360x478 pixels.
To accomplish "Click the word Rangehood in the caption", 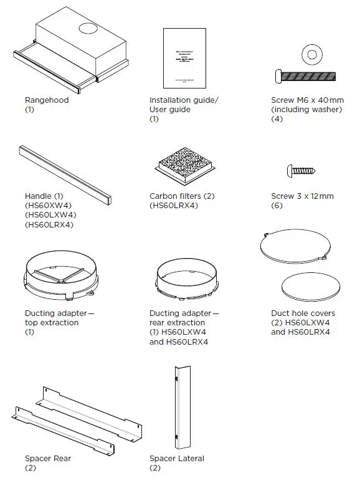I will coord(47,100).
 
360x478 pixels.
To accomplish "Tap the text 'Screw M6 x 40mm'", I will coord(307,100).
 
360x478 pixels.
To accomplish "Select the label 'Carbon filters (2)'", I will coord(182,196).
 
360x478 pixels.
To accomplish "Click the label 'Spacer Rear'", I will coord(48,459).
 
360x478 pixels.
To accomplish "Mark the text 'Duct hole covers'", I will coord(303,313).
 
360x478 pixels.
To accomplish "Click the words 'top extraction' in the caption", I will coord(52,323).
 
